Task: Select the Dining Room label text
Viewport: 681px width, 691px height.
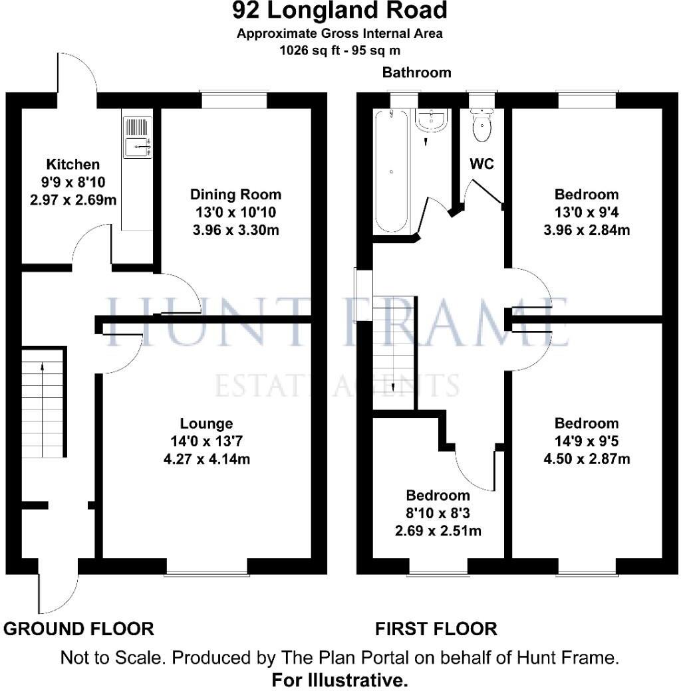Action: pos(236,195)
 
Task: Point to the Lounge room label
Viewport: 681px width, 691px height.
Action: pos(207,423)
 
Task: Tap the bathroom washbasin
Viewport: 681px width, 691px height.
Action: pos(432,121)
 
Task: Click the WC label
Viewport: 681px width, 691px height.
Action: pos(481,163)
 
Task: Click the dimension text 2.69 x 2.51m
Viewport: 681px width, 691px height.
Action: pos(438,530)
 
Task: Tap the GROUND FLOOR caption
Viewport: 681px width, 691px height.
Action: pos(79,628)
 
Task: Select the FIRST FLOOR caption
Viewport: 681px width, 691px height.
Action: pos(436,628)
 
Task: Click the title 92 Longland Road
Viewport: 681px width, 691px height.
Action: pos(340,11)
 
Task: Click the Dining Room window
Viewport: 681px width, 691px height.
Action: pos(235,98)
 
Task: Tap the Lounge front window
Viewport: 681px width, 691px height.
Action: pos(206,567)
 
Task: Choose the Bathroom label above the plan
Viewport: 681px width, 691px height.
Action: pos(416,72)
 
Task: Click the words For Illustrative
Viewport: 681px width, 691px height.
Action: pos(340,680)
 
